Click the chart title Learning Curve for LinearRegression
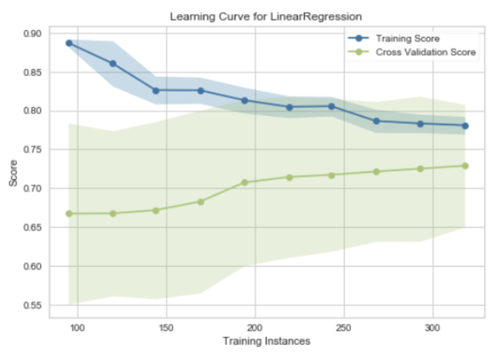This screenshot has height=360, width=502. (266, 17)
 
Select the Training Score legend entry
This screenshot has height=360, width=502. (407, 39)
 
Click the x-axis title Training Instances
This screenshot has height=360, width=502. (267, 341)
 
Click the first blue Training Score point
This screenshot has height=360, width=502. (69, 43)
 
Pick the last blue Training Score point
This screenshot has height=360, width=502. (465, 126)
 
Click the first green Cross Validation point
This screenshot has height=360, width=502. (69, 213)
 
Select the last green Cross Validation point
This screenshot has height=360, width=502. (465, 166)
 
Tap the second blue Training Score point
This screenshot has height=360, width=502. (113, 63)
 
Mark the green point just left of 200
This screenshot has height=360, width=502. (244, 182)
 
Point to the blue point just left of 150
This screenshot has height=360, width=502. (156, 91)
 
